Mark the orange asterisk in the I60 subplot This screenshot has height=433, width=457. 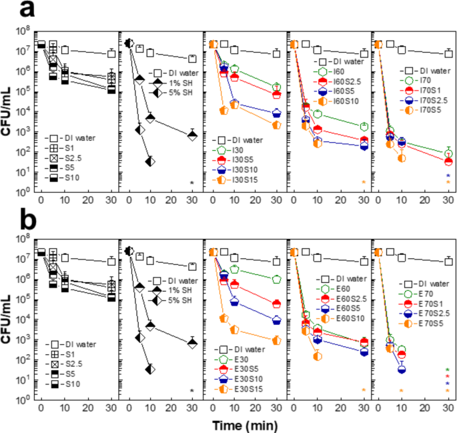(364, 182)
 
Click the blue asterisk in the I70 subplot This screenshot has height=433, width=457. (448, 175)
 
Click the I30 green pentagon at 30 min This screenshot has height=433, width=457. (276, 87)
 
